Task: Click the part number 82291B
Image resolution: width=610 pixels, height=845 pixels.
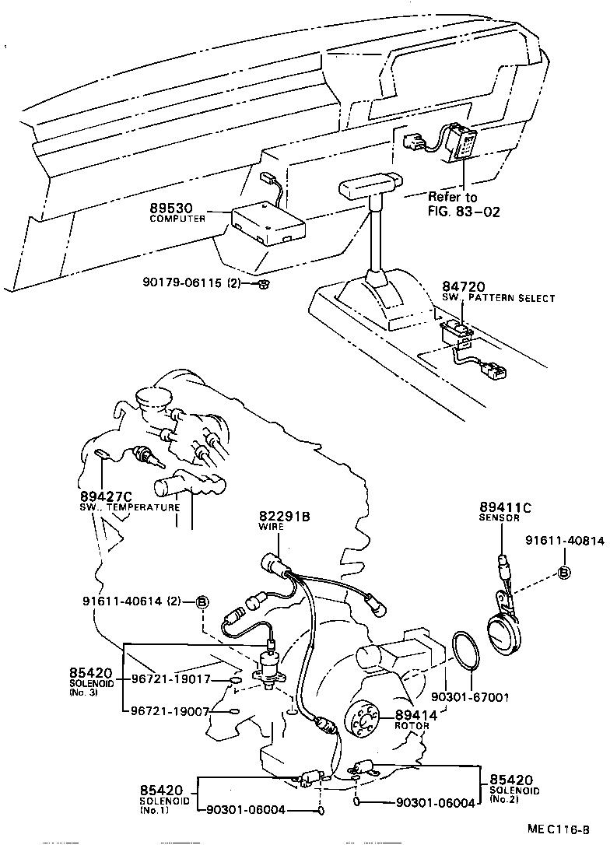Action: pyautogui.click(x=285, y=516)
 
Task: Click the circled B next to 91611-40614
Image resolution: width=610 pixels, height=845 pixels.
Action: pyautogui.click(x=202, y=601)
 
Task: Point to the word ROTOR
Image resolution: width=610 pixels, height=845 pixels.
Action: pyautogui.click(x=412, y=725)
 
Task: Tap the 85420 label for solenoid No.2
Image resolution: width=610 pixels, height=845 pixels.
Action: pyautogui.click(x=511, y=779)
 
